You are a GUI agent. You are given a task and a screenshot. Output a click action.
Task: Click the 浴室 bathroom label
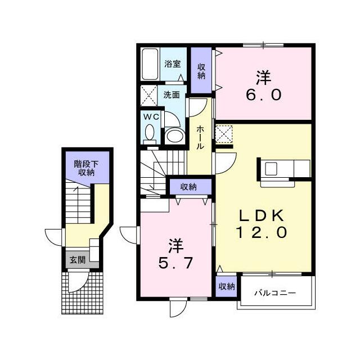coord(173,64)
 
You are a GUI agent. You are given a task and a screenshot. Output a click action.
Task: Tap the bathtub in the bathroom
coord(150,64)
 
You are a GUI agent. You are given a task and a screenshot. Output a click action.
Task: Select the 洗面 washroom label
coord(171,95)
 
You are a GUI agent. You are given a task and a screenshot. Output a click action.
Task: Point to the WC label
coord(151,117)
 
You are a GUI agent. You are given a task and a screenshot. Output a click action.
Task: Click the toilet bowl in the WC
coord(150,133)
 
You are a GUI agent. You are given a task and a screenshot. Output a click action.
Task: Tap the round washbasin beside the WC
coord(175,136)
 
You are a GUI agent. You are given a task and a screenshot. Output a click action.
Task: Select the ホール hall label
coord(200,137)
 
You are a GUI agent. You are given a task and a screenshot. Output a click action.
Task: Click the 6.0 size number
coord(264,95)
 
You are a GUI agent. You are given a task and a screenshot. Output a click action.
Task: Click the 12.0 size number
coord(261,232)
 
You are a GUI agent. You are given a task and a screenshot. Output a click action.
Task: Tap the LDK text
coord(262,215)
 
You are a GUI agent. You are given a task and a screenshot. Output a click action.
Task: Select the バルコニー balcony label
coord(275,293)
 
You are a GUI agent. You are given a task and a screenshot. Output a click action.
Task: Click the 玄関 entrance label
coord(78,260)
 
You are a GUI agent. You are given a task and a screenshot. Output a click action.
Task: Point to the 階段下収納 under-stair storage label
coord(86,168)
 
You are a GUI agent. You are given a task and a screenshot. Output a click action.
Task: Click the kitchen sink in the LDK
coord(271,169)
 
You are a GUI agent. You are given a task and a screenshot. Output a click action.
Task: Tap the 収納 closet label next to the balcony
coord(226,286)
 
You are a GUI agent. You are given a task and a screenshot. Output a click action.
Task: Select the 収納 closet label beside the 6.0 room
coord(201,71)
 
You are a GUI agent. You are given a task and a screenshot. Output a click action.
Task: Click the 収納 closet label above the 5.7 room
coord(188,187)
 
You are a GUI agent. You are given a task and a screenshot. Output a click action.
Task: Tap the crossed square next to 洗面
coord(148,96)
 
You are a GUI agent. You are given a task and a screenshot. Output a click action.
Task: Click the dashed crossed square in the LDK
coord(224,133)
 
